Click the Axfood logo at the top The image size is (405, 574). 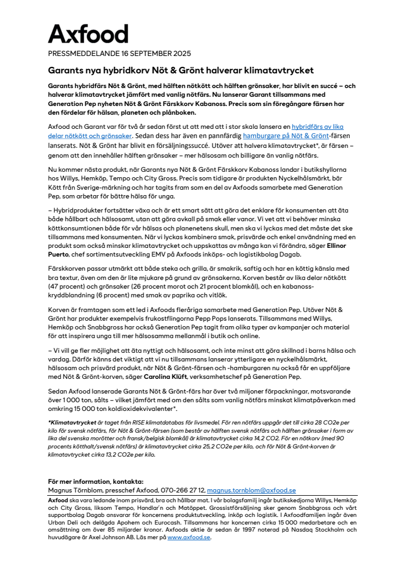click(x=88, y=34)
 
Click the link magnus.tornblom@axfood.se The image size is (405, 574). click(x=251, y=490)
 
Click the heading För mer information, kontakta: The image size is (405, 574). click(x=96, y=482)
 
